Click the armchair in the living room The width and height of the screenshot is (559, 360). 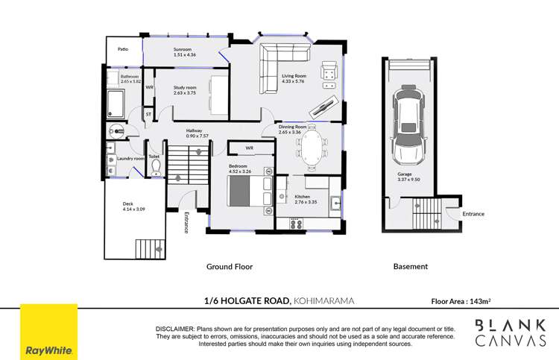(x=327, y=72)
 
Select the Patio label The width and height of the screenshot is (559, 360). (x=124, y=48)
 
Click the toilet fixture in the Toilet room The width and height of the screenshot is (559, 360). (x=156, y=168)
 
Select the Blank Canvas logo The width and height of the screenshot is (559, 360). (x=511, y=332)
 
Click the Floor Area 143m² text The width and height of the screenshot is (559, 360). (x=461, y=302)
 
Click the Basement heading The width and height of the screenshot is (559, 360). (x=410, y=266)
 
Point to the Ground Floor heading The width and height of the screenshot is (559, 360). (x=229, y=266)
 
